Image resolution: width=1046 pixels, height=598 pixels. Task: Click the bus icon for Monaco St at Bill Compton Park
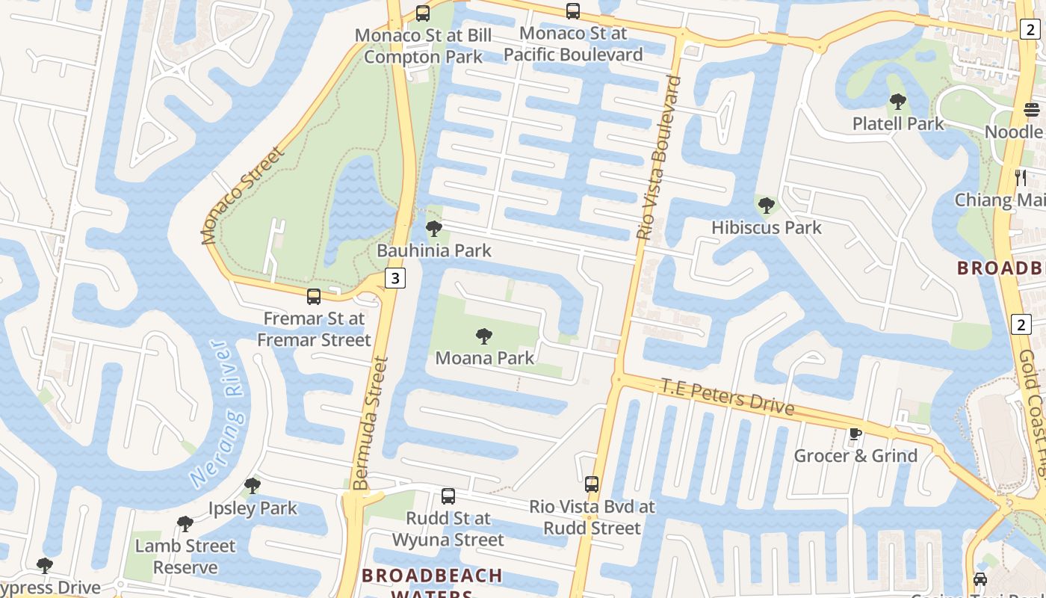tap(423, 13)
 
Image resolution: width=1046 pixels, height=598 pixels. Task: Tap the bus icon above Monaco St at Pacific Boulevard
tap(573, 11)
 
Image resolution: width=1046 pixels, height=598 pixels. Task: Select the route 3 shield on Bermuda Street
tap(395, 278)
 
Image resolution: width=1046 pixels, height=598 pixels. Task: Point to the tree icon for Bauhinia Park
tap(433, 229)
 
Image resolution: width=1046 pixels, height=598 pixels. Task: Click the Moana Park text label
tap(484, 358)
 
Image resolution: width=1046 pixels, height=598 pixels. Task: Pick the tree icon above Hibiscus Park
tap(766, 205)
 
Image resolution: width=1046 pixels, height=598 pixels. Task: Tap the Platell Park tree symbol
tap(898, 102)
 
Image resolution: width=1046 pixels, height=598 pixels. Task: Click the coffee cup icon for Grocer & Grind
tap(855, 434)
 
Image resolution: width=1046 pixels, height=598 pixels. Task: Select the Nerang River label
tap(219, 413)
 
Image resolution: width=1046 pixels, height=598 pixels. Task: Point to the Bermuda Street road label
tap(371, 423)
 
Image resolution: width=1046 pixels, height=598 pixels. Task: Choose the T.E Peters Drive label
tap(727, 396)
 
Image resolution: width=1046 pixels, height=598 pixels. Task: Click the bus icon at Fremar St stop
tap(314, 297)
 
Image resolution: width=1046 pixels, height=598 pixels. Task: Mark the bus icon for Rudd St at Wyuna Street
tap(448, 496)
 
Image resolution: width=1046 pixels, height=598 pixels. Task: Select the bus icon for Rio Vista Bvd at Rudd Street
tap(592, 484)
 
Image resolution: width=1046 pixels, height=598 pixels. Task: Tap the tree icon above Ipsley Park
tap(253, 486)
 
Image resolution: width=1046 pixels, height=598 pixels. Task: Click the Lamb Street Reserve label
tap(185, 556)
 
